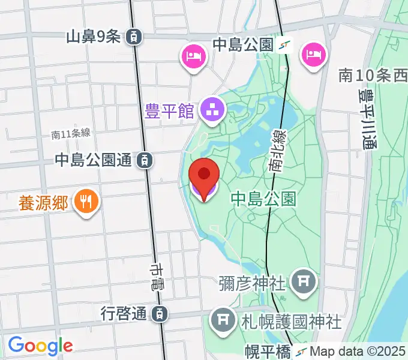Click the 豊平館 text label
[170, 111]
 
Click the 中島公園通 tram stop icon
[144, 160]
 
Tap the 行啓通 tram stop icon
[160, 313]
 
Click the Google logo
[40, 346]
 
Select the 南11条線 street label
[70, 134]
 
